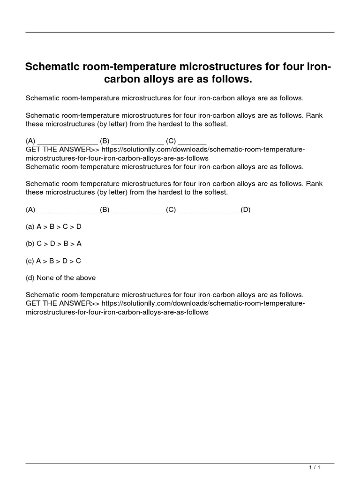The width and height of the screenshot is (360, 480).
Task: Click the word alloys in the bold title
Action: pyautogui.click(x=158, y=79)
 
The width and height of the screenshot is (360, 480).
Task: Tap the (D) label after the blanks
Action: pyautogui.click(x=246, y=210)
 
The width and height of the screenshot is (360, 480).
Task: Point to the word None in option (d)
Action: pyautogui.click(x=45, y=277)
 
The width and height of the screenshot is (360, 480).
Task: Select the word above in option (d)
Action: pyautogui.click(x=86, y=277)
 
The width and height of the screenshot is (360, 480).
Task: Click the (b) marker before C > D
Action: pyautogui.click(x=30, y=243)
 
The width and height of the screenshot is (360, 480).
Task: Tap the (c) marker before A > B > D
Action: pyautogui.click(x=30, y=261)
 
